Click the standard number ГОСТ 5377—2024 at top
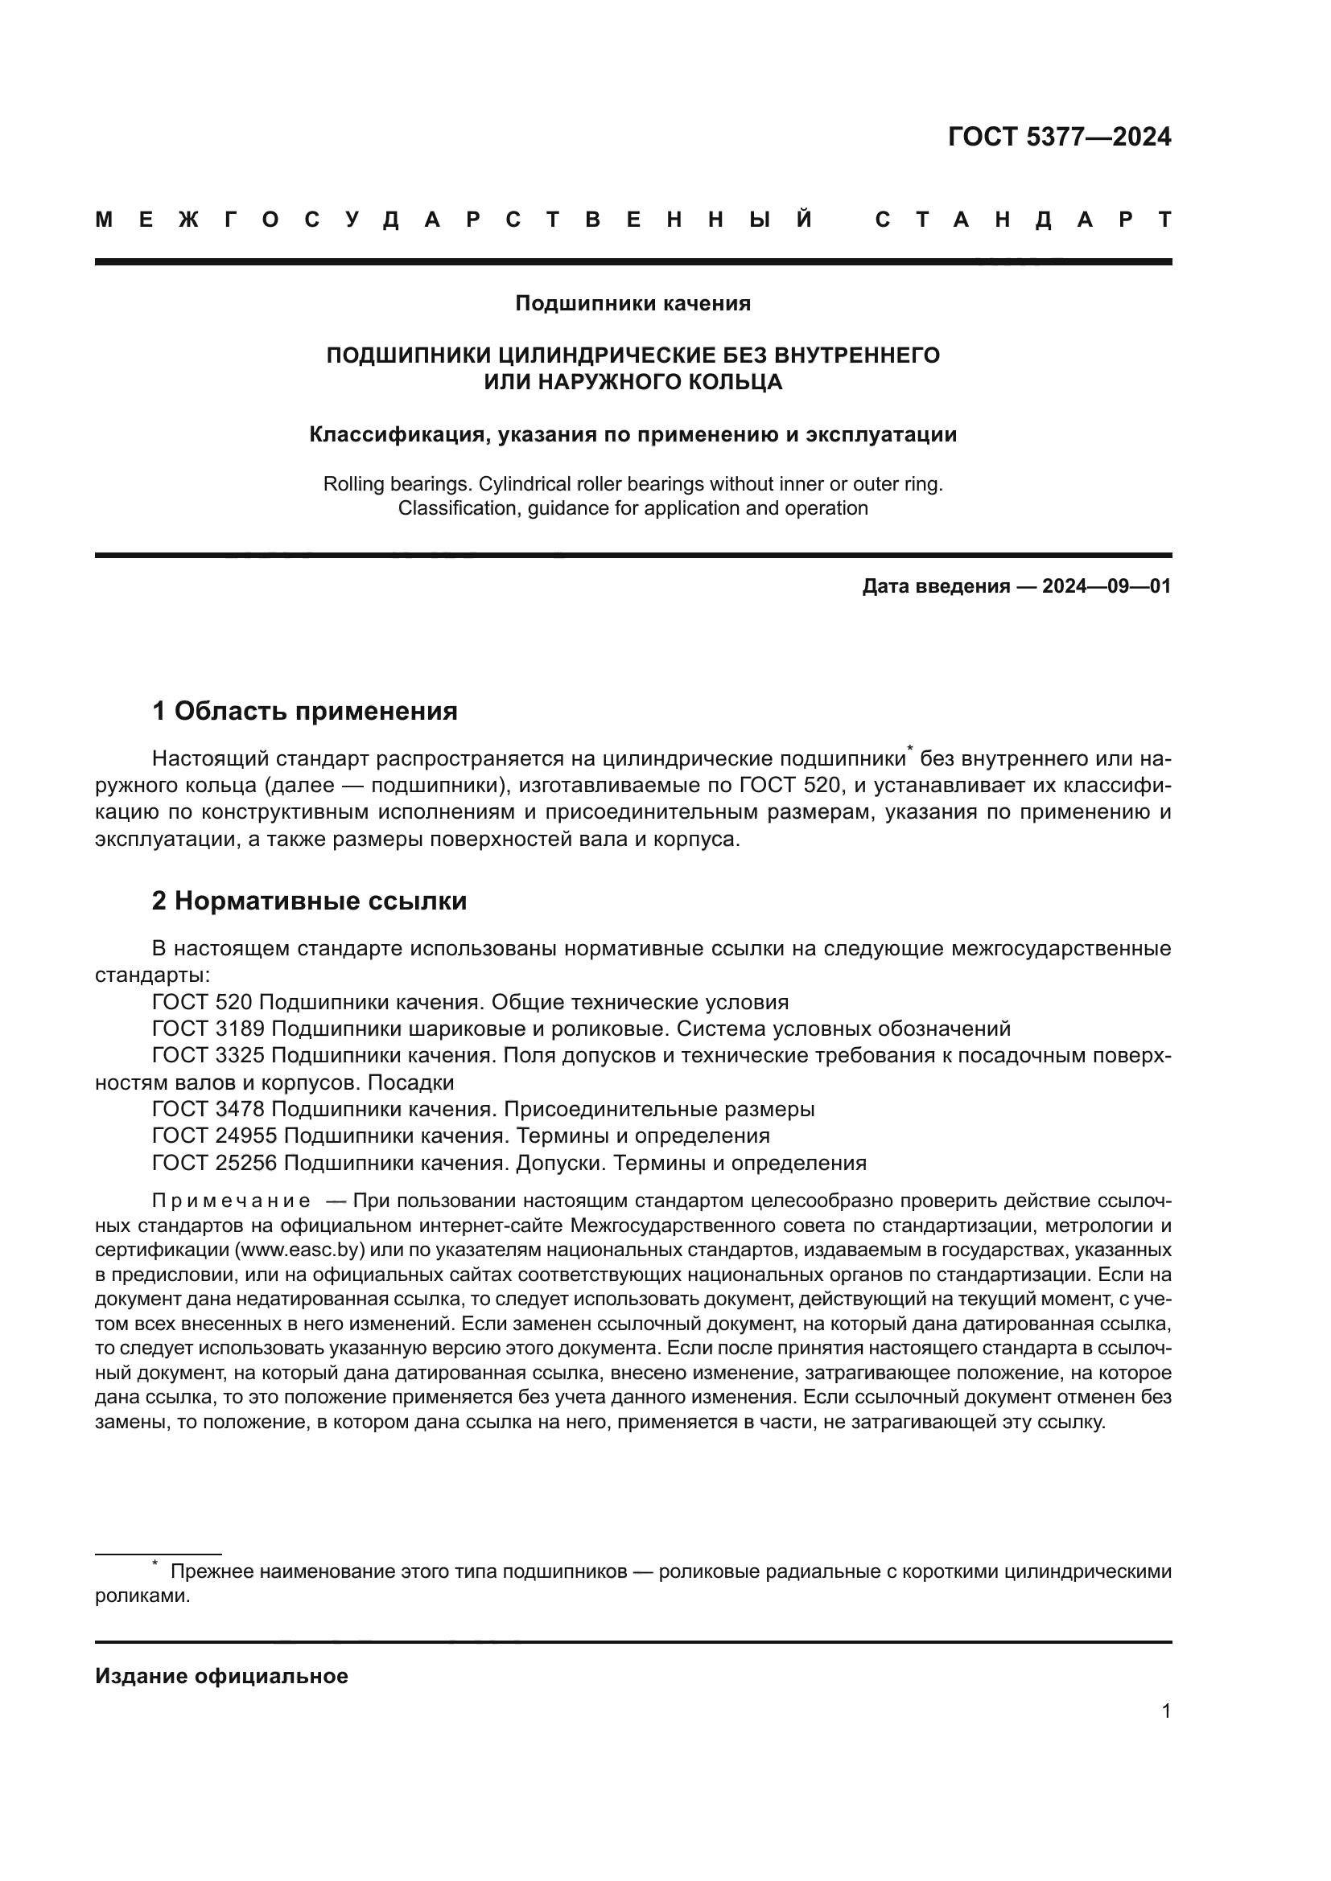tap(1059, 137)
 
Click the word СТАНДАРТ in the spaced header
tap(1023, 220)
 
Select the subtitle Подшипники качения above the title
tap(633, 304)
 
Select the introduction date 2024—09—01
tap(1106, 586)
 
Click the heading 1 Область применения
tap(305, 711)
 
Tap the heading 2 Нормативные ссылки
tap(310, 901)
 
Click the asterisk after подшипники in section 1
tap(910, 749)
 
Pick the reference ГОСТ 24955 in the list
tap(215, 1136)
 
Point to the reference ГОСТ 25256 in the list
tap(215, 1164)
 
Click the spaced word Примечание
tap(231, 1201)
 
